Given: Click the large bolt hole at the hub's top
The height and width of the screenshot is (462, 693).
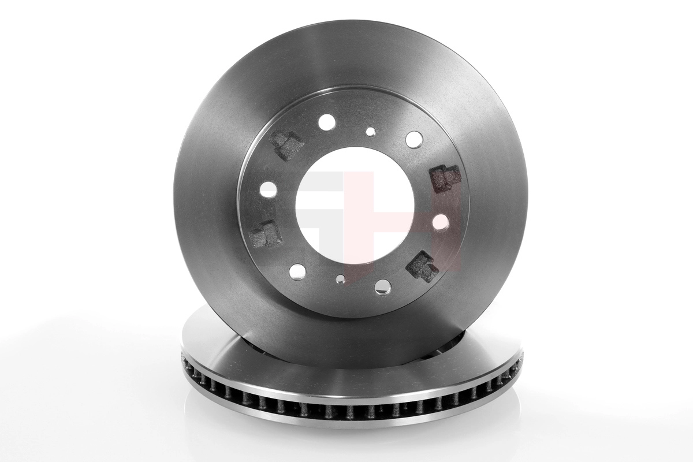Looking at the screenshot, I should pos(326,122).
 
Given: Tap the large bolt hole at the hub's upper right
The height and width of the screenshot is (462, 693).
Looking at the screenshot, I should pos(414,139).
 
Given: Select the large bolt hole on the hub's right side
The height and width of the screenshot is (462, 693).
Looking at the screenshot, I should pos(441,222).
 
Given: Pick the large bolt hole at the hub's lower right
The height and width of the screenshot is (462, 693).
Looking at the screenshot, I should pos(383,286).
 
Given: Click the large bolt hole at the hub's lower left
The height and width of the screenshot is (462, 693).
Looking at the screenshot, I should pos(297,270).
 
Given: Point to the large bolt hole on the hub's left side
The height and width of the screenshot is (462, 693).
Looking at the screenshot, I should pos(269,189).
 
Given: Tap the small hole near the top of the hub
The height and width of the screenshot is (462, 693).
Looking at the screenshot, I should pos(370,132).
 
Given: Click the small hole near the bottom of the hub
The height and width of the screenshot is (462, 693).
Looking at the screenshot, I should pos(341,279).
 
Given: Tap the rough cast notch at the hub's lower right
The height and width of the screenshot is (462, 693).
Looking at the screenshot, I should pos(421,266).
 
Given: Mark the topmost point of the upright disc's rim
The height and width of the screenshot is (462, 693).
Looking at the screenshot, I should pos(349,21).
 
